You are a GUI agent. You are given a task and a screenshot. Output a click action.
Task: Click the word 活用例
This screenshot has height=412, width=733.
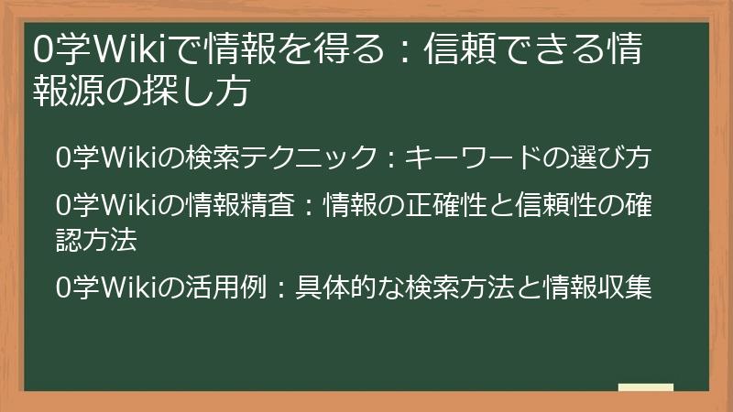tap(235, 287)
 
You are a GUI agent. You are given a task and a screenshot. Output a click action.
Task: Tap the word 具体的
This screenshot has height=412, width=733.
tap(347, 287)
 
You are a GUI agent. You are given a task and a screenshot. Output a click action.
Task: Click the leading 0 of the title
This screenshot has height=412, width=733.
tap(41, 49)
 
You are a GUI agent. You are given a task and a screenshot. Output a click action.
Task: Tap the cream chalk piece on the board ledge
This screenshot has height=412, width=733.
tap(645, 388)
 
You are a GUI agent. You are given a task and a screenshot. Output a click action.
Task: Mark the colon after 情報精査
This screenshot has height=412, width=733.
tap(307, 201)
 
